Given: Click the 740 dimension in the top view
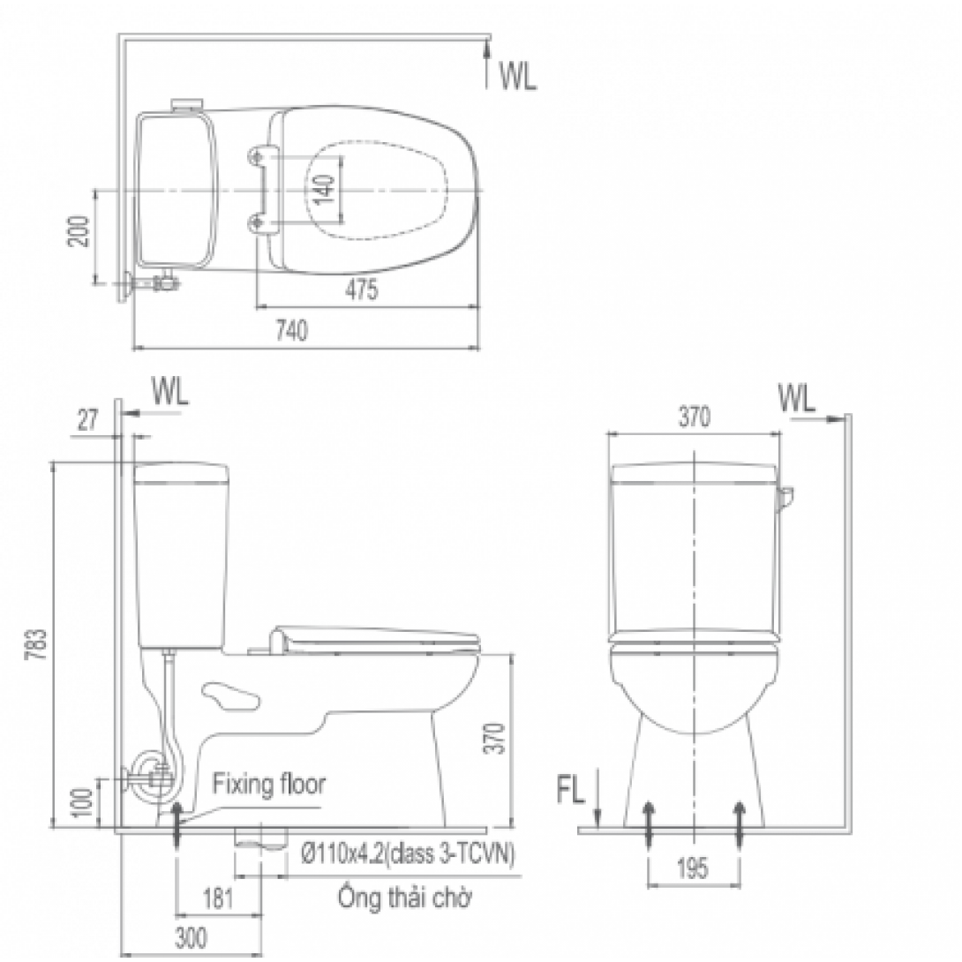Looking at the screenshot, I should click(292, 332).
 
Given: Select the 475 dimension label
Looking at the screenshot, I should click(362, 290).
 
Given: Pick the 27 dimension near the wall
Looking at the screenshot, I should click(87, 421).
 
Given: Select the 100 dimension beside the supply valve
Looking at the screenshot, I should click(82, 800).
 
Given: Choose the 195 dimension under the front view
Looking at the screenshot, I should click(694, 869).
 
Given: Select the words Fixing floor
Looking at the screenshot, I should click(268, 783).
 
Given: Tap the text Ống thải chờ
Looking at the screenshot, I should click(404, 899).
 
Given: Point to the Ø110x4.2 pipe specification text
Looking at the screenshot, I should click(408, 854).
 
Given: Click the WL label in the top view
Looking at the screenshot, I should click(517, 77).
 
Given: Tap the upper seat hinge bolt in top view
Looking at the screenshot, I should click(258, 155).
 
